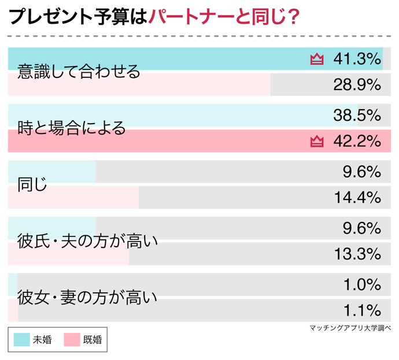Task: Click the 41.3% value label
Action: click(x=357, y=58)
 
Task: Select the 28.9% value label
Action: click(x=357, y=85)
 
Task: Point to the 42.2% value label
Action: click(x=357, y=141)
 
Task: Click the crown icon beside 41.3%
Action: click(x=317, y=59)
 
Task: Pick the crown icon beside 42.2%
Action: click(x=317, y=141)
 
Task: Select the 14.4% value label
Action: click(x=357, y=198)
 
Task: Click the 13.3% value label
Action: click(x=357, y=254)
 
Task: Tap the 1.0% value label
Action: click(x=361, y=285)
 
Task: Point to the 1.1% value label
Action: click(x=361, y=310)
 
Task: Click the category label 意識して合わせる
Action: click(x=79, y=72)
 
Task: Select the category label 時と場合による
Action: click(x=72, y=128)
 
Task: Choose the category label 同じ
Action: click(x=32, y=185)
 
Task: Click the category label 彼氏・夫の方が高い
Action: click(x=87, y=241)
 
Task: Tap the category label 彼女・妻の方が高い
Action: click(x=87, y=298)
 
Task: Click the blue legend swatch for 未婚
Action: click(x=23, y=340)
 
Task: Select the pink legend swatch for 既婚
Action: click(x=72, y=340)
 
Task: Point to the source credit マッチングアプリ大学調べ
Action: click(x=350, y=328)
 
